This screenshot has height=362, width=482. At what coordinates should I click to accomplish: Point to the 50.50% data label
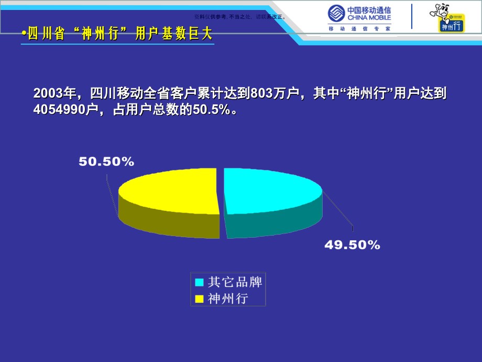(106, 162)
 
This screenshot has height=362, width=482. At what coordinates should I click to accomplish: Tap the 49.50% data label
(352, 244)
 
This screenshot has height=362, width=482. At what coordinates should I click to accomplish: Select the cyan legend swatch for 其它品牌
(199, 282)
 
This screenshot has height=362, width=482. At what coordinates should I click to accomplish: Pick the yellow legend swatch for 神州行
(199, 299)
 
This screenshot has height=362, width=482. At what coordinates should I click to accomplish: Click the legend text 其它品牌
(235, 282)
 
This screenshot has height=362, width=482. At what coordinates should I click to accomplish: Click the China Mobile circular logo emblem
(337, 14)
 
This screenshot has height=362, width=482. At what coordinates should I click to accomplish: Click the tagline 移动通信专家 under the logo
(359, 29)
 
